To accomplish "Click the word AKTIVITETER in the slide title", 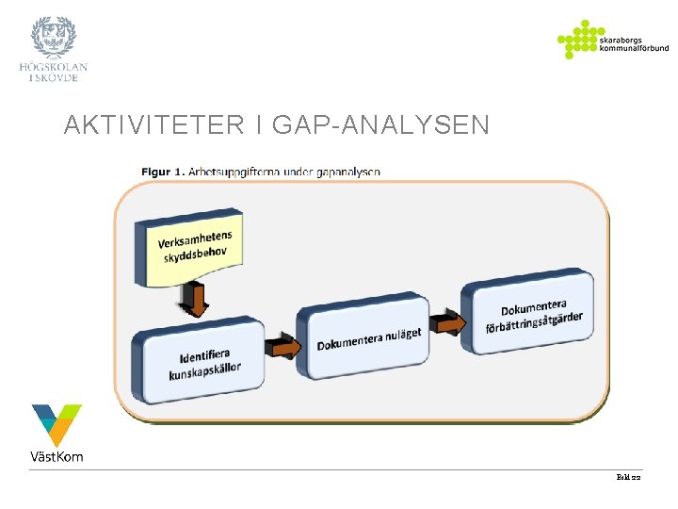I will pos(153,124).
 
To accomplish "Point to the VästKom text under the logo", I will pos(56,457).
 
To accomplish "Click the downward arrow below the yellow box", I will pos(196,300).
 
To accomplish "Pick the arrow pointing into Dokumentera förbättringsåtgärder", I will pos(447,323).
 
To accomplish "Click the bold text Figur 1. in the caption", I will pos(162,172).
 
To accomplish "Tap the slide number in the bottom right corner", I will pos(628,479).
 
